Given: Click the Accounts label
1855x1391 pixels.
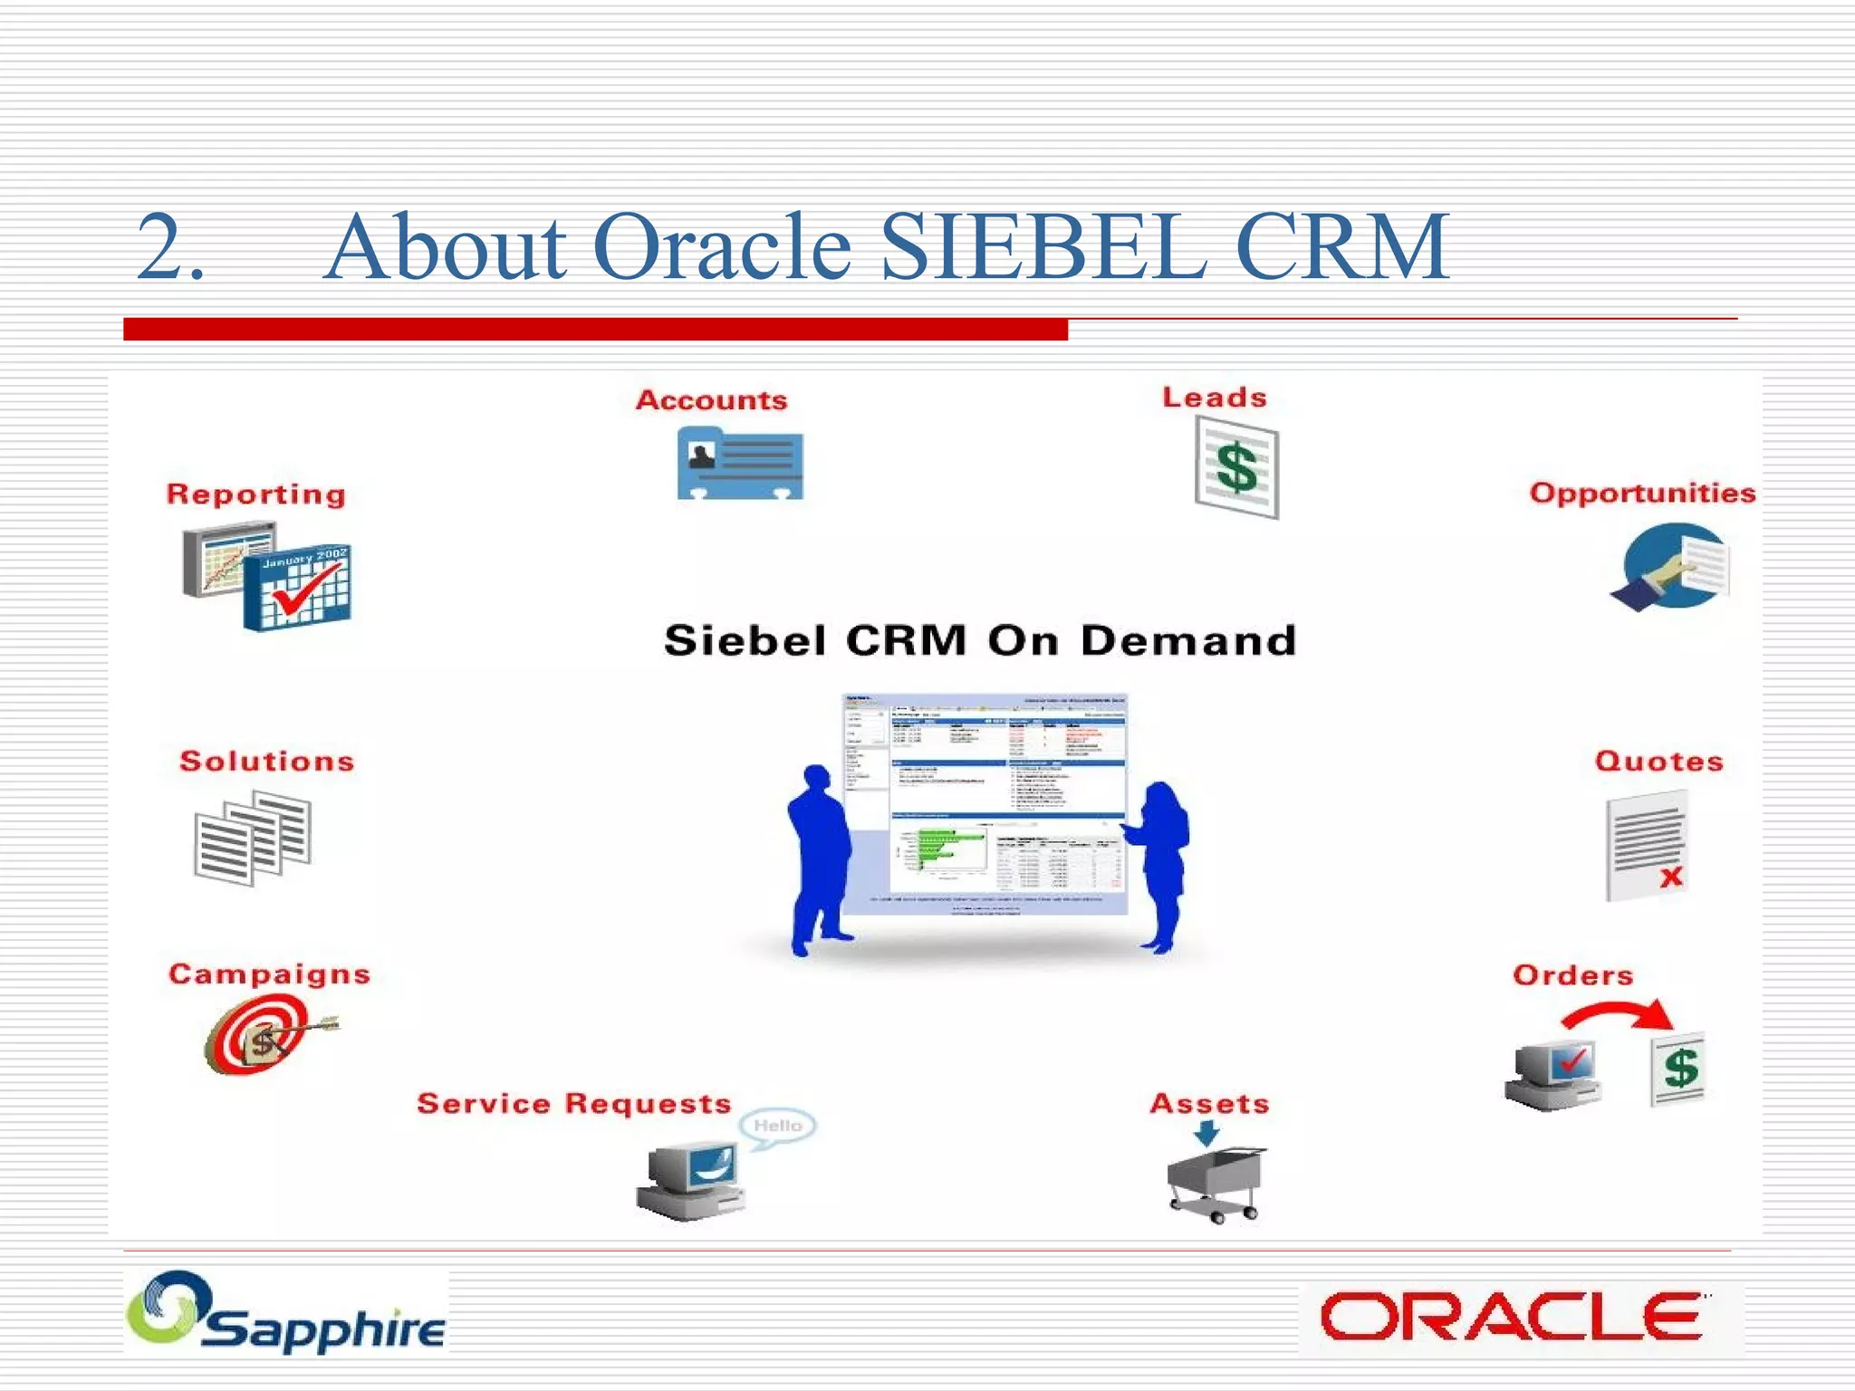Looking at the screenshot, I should (711, 400).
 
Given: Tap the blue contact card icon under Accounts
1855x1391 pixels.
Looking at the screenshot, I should (740, 464).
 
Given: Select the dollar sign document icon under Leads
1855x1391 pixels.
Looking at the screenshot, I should (1236, 468).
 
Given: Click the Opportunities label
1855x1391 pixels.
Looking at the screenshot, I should (1642, 493).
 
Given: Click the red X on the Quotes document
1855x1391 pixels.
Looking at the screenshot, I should (1671, 876).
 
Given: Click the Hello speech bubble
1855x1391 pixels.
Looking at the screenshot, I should (777, 1126).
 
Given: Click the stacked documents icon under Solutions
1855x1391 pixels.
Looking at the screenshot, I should (253, 837).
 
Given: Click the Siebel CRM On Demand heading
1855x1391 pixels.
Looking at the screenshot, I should (979, 640).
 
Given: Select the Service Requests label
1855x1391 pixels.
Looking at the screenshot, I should (573, 1103).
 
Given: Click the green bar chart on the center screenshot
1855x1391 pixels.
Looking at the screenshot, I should (942, 847).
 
